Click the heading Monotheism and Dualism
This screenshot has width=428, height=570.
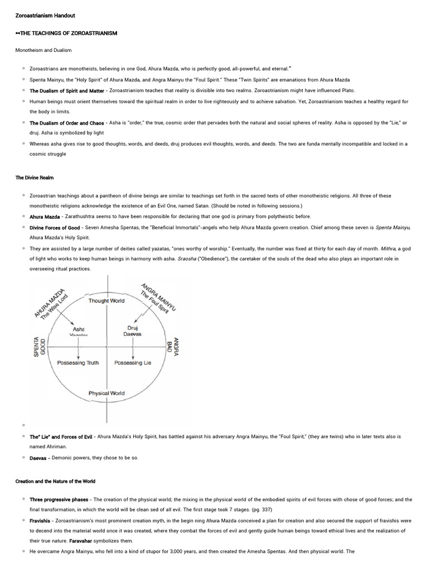pyautogui.click(x=43, y=50)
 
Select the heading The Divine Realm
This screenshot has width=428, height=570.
pyautogui.click(x=35, y=178)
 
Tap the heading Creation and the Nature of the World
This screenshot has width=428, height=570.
pyautogui.click(x=55, y=481)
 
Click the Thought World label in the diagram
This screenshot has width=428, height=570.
pyautogui.click(x=106, y=301)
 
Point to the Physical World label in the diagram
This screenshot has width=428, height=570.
pyautogui.click(x=106, y=393)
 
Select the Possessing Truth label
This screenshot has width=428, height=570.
pyautogui.click(x=78, y=363)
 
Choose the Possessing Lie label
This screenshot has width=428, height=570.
pyautogui.click(x=133, y=363)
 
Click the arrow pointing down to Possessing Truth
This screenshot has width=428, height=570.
pyautogui.click(x=78, y=352)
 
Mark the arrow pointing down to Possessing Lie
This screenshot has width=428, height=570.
pyautogui.click(x=133, y=352)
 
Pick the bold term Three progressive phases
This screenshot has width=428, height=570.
pyautogui.click(x=59, y=500)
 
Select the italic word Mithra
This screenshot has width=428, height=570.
pyautogui.click(x=388, y=248)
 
